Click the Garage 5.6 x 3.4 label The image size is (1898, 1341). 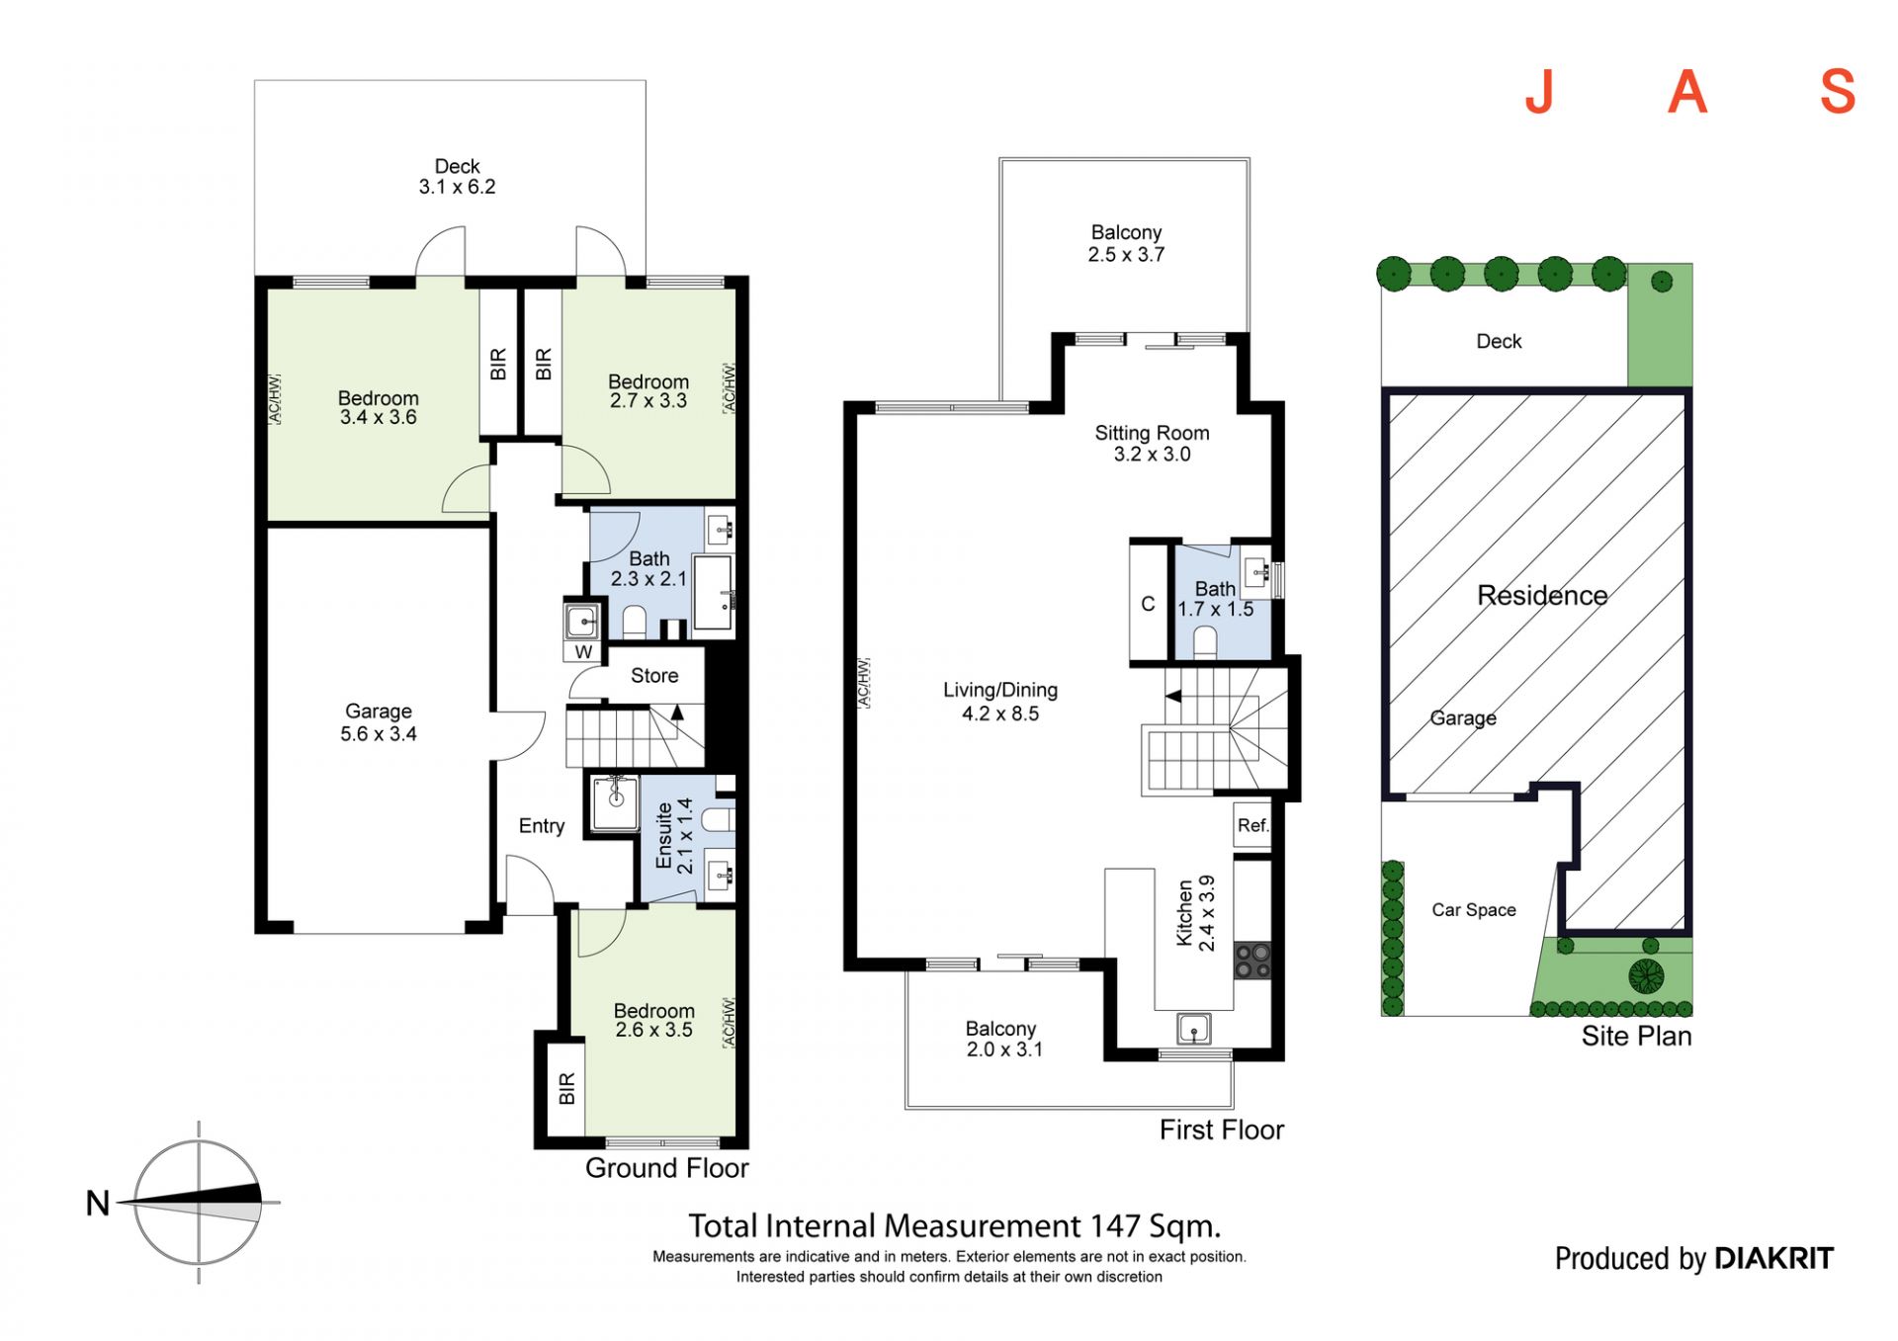tap(379, 722)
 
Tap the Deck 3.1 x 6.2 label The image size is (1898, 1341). tap(457, 177)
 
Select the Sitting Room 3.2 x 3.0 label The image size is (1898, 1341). tap(1152, 444)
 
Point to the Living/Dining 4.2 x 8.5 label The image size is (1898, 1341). tap(1000, 702)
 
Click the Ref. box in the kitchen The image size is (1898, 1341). tap(1252, 825)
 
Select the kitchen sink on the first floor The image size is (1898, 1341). tap(1194, 1029)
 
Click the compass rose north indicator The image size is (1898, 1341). tap(198, 1203)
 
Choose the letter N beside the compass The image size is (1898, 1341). tap(98, 1204)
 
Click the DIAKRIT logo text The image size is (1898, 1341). tap(1774, 1258)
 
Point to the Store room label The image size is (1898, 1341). tap(654, 676)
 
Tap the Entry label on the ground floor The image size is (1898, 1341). tap(542, 826)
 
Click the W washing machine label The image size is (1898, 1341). tap(583, 652)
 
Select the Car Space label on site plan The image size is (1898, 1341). tap(1474, 910)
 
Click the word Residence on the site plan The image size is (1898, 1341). tap(1542, 596)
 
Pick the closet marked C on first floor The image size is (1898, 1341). tap(1149, 603)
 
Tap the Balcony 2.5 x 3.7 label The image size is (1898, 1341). tap(1126, 243)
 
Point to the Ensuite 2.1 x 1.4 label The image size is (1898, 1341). tap(674, 836)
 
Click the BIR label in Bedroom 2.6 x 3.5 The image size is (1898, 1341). tap(566, 1089)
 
